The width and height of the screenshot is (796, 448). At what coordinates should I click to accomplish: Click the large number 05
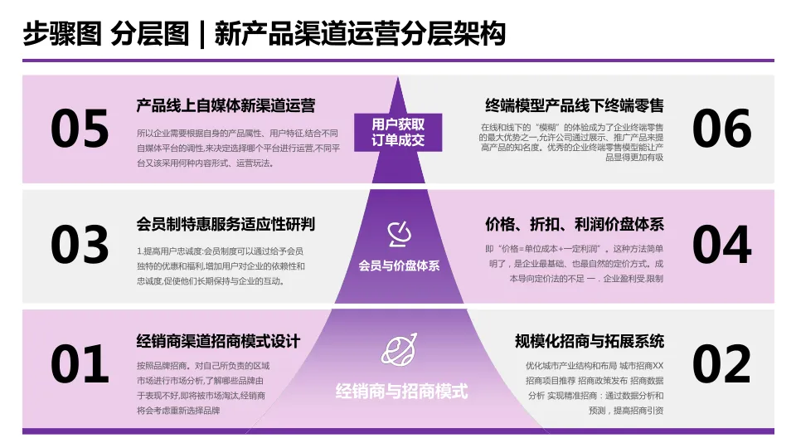click(x=80, y=129)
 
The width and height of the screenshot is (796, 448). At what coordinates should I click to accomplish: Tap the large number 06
click(x=721, y=129)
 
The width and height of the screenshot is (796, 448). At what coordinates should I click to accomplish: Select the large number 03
click(x=80, y=246)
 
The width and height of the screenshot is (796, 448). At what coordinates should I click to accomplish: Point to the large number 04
click(x=721, y=246)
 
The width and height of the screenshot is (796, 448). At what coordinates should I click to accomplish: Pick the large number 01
click(x=80, y=364)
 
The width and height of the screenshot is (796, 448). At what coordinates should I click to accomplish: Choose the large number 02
click(x=721, y=364)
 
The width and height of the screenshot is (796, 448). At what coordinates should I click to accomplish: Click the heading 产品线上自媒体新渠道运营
click(x=226, y=106)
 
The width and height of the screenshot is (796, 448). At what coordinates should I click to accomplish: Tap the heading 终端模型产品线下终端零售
click(x=575, y=106)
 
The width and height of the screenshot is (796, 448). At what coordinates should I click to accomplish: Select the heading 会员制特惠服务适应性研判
click(x=226, y=225)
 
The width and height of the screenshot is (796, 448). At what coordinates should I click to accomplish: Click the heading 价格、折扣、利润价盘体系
click(x=575, y=225)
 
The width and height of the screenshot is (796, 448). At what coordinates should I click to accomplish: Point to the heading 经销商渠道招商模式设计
click(x=218, y=341)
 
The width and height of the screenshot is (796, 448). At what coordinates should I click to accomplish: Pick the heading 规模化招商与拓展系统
click(x=590, y=341)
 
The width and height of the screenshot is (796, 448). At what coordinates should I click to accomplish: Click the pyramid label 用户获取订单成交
click(x=398, y=132)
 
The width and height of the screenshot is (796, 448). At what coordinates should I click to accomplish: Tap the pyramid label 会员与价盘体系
click(x=399, y=266)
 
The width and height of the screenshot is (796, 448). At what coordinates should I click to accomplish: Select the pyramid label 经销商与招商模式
click(x=401, y=391)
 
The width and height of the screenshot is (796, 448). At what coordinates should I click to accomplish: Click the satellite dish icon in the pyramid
click(x=399, y=235)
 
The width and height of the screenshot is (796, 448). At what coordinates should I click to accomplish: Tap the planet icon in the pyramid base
click(x=398, y=351)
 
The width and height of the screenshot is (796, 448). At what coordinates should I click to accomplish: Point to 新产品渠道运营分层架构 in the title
click(x=360, y=34)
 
